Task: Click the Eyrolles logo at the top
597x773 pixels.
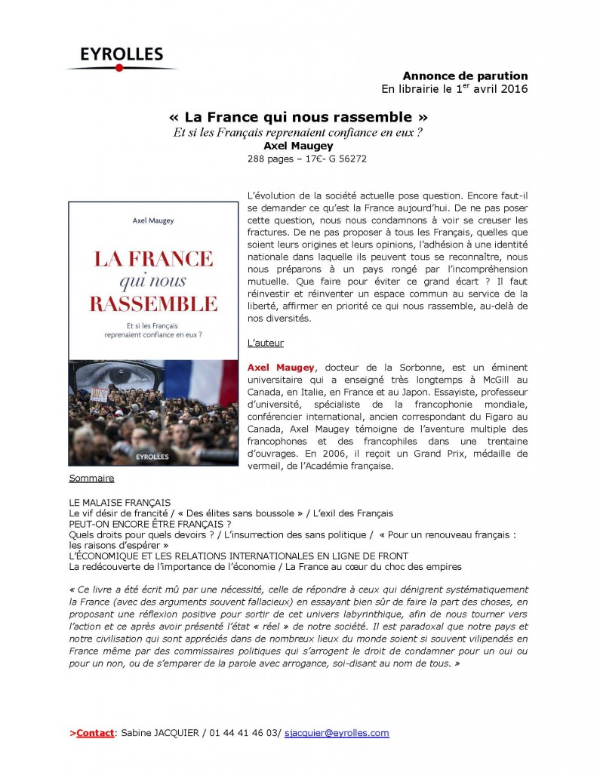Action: (x=122, y=56)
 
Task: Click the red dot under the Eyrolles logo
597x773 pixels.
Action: (x=119, y=68)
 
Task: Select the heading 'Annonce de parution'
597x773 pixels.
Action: (x=465, y=76)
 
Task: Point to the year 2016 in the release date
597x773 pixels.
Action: (x=512, y=89)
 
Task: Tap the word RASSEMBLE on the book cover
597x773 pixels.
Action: (x=153, y=304)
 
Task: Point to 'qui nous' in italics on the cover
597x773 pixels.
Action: (x=153, y=282)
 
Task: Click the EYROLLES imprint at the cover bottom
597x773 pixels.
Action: (x=153, y=456)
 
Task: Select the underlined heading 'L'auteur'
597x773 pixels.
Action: (x=266, y=343)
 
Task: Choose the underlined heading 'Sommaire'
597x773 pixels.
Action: (x=91, y=479)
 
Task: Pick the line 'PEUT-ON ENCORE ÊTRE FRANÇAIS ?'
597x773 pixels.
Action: (x=149, y=523)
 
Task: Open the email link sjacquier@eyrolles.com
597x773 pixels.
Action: (x=337, y=733)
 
